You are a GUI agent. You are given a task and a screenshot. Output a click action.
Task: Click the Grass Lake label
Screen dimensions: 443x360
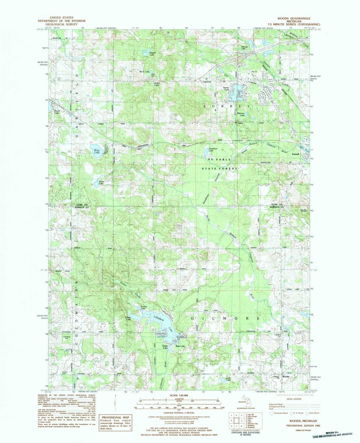(101, 183)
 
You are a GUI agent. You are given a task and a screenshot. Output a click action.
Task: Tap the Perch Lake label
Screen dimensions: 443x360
(57, 112)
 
